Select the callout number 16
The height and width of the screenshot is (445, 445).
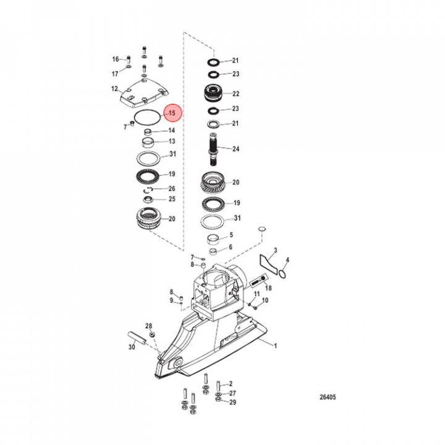115,59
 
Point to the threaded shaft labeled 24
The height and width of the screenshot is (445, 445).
213,150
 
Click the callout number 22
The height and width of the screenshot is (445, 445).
235,94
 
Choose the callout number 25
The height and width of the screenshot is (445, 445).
172,199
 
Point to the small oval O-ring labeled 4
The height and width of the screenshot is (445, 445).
282,271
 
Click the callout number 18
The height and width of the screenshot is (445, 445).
268,288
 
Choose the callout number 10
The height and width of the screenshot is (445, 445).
266,300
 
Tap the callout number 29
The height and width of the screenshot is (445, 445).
232,402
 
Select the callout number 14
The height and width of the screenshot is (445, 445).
172,130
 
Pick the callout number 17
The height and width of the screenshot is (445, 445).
115,74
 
